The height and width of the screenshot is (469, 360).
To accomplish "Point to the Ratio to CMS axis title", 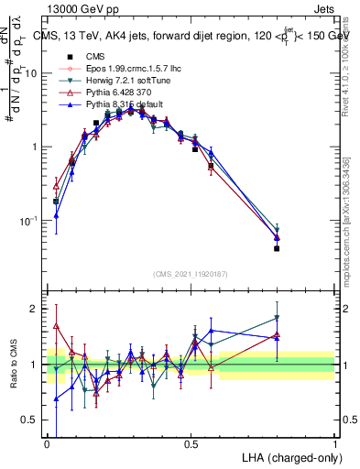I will [13, 365].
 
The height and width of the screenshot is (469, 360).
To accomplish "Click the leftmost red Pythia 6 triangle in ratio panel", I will [56, 325].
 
